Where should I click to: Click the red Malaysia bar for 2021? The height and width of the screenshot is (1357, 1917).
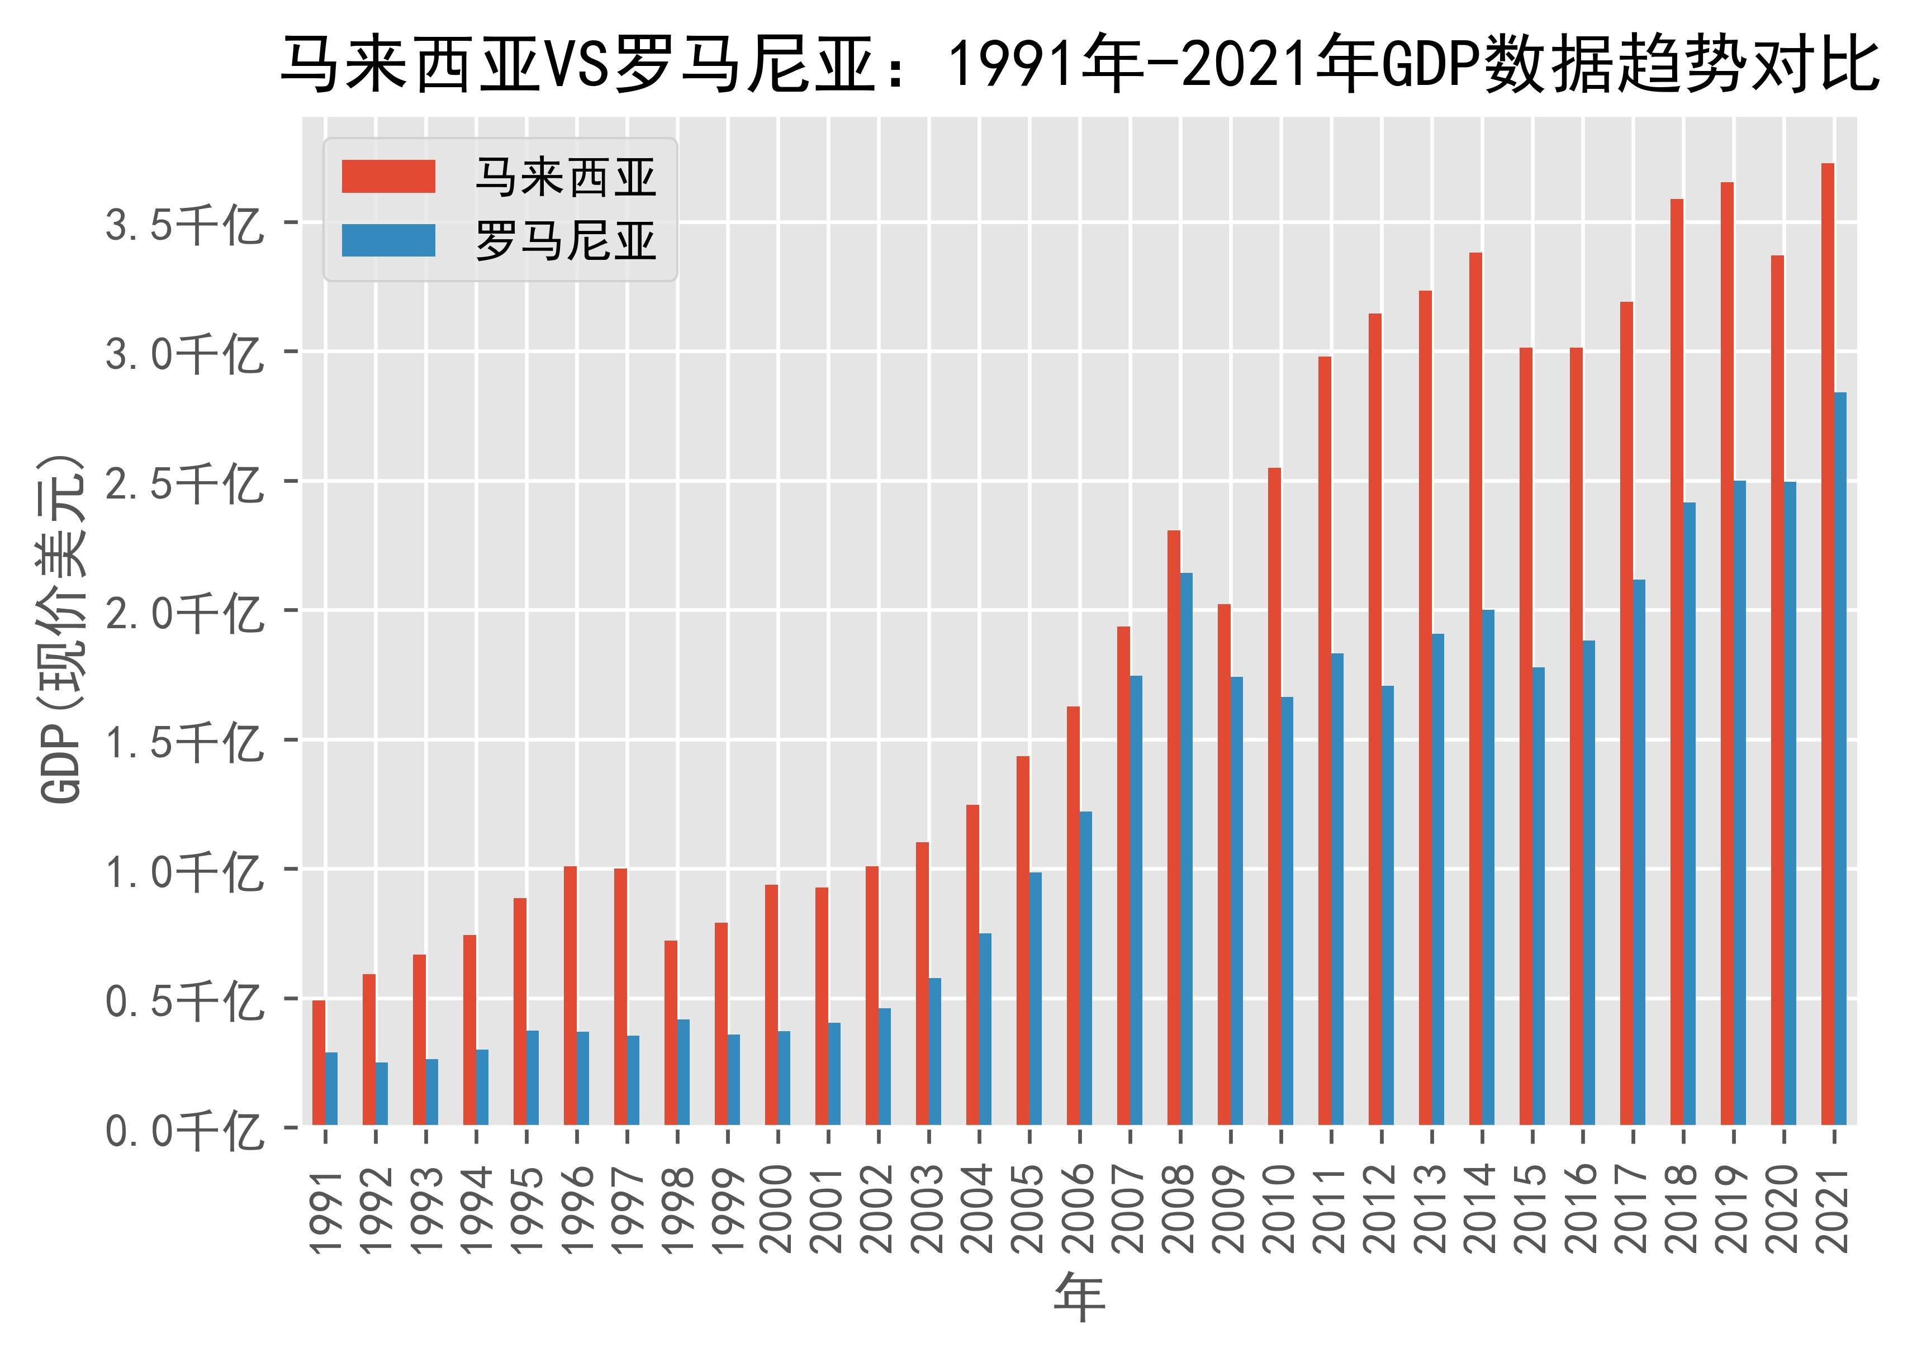click(1828, 643)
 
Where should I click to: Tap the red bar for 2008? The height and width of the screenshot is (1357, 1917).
click(1173, 827)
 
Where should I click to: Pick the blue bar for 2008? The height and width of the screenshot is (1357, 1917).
click(1186, 848)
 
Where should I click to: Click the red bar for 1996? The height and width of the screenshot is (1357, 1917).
click(570, 995)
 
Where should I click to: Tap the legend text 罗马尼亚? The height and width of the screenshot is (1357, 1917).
click(566, 243)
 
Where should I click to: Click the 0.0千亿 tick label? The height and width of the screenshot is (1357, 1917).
click(184, 1131)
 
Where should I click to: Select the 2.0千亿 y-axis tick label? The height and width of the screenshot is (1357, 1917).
click(184, 613)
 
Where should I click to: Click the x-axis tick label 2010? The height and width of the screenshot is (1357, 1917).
click(1281, 1208)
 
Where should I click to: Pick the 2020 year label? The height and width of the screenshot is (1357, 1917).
click(1784, 1208)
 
